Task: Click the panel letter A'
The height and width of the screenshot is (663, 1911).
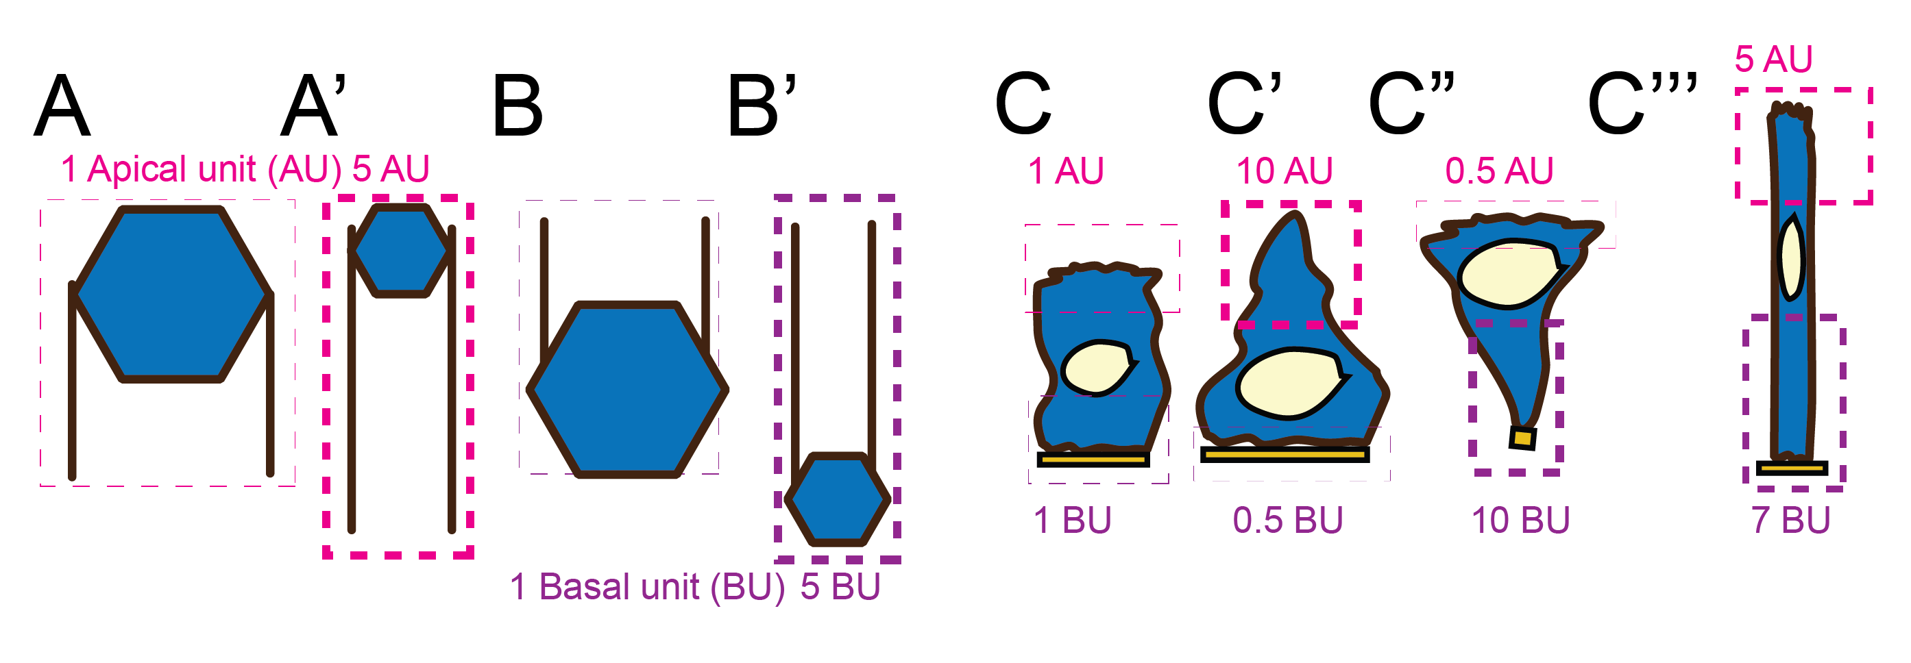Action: click(313, 105)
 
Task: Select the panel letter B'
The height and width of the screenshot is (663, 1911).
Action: click(762, 105)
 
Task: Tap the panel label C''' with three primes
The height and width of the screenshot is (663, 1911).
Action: click(1642, 104)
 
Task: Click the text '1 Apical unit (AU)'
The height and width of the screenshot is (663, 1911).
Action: click(200, 169)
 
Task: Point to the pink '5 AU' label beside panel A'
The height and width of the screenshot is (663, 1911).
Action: click(390, 169)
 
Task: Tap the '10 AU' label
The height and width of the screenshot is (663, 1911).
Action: click(1283, 171)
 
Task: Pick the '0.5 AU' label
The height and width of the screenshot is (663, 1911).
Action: click(1498, 171)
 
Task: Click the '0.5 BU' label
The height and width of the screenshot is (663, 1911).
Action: click(1288, 521)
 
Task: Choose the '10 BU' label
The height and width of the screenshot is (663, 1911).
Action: click(1520, 521)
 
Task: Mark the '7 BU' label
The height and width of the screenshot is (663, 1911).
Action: click(1790, 521)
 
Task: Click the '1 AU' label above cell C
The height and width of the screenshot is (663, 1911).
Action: click(1065, 171)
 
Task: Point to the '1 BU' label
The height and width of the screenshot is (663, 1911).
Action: click(1072, 521)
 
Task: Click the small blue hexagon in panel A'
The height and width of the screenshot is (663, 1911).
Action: click(402, 251)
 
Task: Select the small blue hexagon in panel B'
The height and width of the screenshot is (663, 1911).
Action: click(838, 499)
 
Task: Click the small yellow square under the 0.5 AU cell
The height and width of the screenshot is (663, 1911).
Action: click(1522, 438)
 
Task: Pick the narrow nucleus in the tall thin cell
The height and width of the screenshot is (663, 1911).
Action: click(1792, 257)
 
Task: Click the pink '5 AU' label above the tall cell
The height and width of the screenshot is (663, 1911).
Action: click(1773, 60)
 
